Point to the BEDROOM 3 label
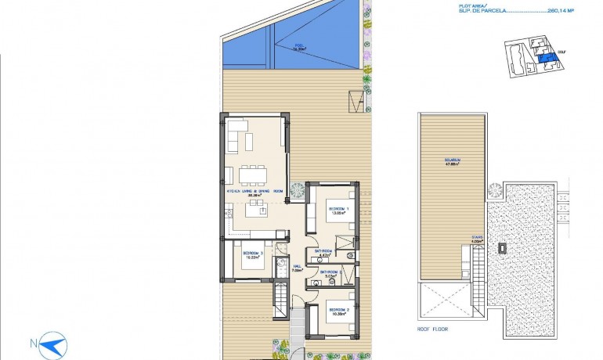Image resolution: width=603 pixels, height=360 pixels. tap(251, 254)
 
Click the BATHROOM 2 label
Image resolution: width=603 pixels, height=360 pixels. tap(329, 274)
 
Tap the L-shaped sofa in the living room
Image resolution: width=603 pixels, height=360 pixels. tap(238, 137)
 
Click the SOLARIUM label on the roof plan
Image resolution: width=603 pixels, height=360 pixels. tap(452, 161)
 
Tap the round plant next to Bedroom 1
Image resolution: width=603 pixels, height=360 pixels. tap(298, 189)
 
